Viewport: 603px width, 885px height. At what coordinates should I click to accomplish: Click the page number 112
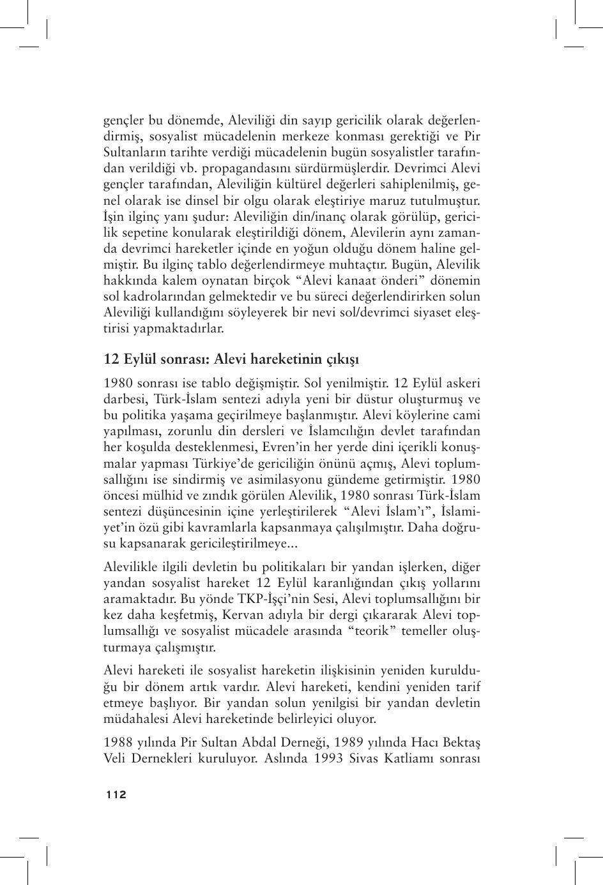[116, 794]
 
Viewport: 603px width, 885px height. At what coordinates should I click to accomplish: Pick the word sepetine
[146, 232]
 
